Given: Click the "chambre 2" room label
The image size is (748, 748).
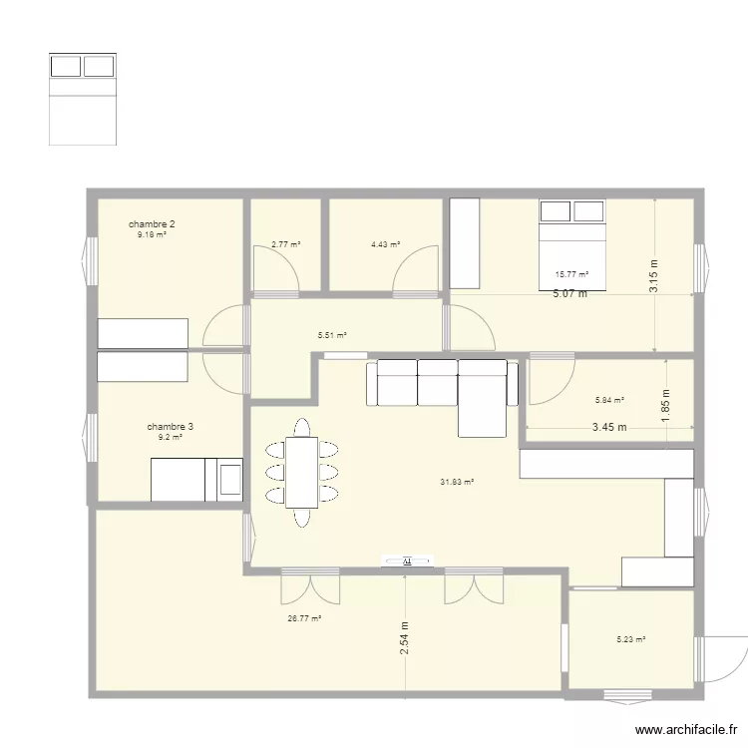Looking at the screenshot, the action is coord(152,223).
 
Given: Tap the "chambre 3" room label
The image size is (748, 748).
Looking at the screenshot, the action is coord(171,427).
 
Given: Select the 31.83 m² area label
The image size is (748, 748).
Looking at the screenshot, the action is coord(457,483).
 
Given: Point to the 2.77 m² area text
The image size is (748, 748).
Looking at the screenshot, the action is coord(286,244).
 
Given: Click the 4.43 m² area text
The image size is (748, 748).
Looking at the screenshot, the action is coord(386,244).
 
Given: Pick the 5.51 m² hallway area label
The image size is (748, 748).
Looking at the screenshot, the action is coord(332,335).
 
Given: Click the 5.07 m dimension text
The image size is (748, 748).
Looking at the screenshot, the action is coord(570,294).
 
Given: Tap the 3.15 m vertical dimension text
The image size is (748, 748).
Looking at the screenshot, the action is coord(654,276).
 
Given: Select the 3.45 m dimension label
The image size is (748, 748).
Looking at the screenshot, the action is coord(609,428).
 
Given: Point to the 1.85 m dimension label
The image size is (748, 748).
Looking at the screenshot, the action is coord(666,406).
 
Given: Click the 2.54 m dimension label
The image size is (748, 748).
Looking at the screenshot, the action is coord(405,638).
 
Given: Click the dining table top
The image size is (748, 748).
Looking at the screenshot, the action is coord(302,473).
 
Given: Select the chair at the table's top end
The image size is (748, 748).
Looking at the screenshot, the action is coord(302,428).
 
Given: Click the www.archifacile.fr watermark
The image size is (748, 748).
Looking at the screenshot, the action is coord(686,730).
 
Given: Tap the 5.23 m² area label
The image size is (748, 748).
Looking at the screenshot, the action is coord(631,639).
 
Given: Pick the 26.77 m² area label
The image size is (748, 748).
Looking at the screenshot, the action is coord(304,618).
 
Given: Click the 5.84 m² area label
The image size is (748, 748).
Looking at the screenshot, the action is coord(609,401).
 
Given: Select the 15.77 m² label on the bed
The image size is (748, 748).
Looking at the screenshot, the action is coord(572,275).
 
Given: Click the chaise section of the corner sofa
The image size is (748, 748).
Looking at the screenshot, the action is coord(483,406).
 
